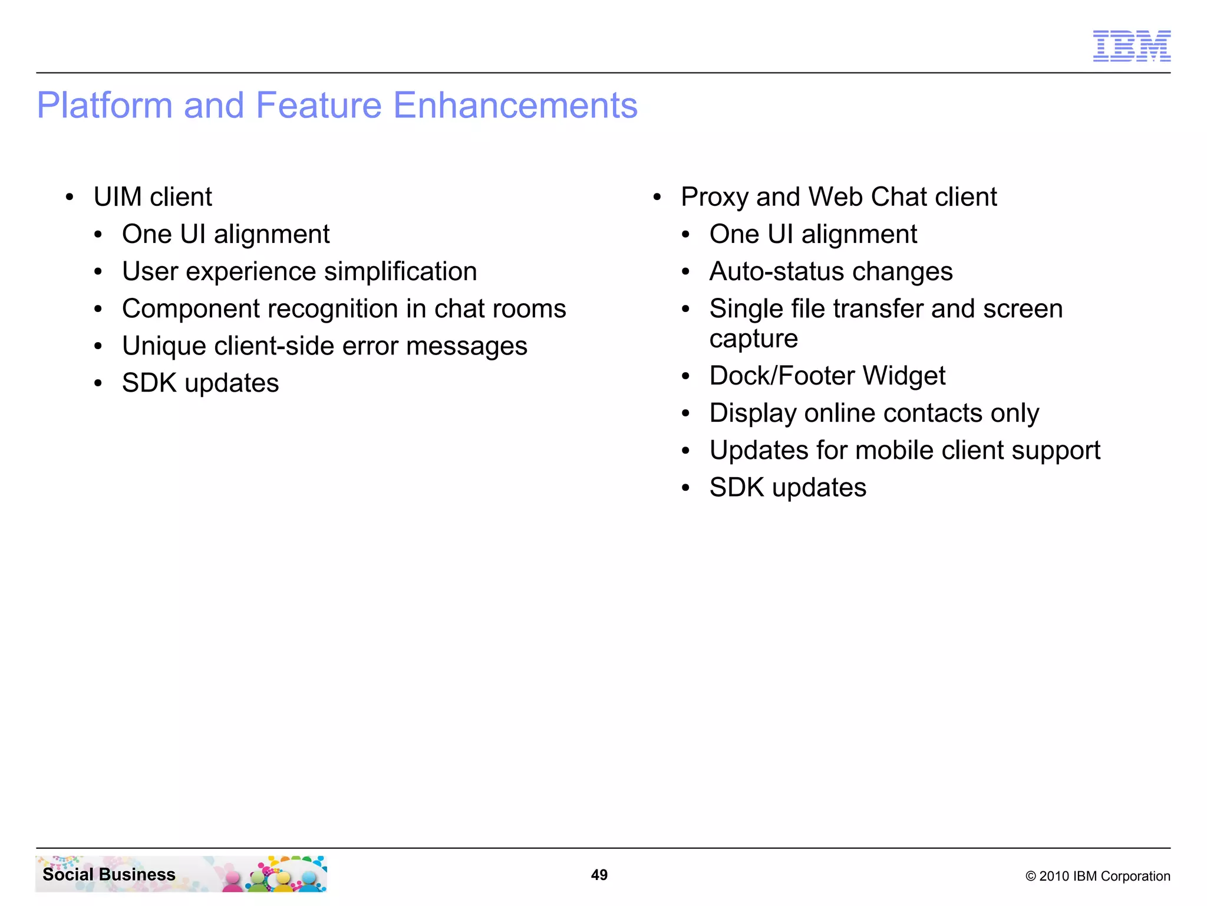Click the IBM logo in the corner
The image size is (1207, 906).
pyautogui.click(x=1131, y=46)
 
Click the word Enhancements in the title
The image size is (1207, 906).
pyautogui.click(x=515, y=106)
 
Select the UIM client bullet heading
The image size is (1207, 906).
pyautogui.click(x=153, y=197)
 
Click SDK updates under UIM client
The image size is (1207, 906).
pyautogui.click(x=200, y=383)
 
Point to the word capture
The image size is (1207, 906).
pyautogui.click(x=753, y=339)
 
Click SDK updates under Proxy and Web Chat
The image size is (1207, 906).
pyautogui.click(x=787, y=488)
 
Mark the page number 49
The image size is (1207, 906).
pyautogui.click(x=599, y=875)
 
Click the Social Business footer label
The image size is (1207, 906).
pyautogui.click(x=109, y=874)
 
